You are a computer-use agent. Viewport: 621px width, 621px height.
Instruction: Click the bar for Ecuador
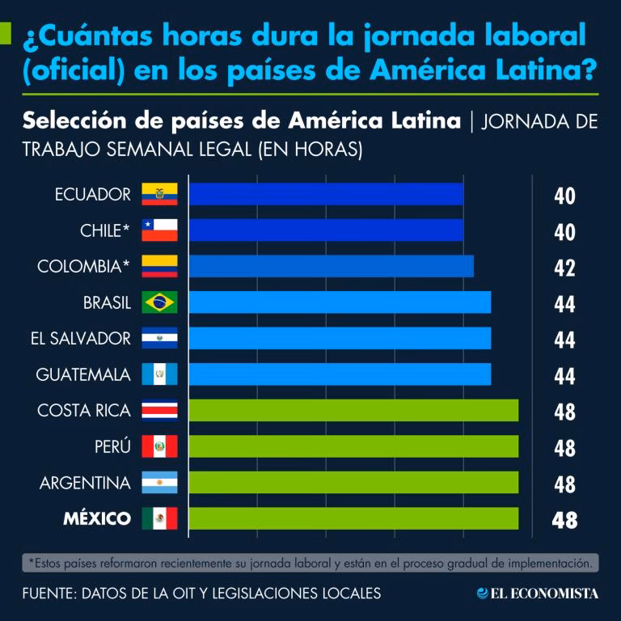coord(327,194)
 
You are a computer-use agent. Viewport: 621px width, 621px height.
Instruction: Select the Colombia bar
coord(332,266)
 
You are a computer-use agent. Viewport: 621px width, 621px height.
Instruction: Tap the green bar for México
coord(353,518)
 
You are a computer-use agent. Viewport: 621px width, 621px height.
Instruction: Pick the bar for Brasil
coord(340,302)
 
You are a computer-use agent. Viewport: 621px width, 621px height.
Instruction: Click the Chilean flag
coord(159,230)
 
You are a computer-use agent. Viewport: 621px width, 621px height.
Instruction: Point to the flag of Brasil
coord(159,302)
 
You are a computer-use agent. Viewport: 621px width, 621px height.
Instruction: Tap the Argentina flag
coord(159,483)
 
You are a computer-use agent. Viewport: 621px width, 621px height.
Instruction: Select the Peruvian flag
coord(159,446)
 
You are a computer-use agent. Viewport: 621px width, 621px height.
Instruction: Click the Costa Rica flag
coord(159,411)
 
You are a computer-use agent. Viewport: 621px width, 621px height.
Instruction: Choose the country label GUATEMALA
coord(83,374)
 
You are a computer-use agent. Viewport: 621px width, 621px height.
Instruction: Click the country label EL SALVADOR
coord(80,338)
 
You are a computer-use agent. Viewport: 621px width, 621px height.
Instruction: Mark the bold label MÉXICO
coord(97,518)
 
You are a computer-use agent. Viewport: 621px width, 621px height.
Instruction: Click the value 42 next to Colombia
coord(564,268)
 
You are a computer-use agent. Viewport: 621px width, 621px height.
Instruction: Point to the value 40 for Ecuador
coord(564,196)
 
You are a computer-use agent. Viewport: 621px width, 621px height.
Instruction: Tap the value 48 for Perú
coord(564,448)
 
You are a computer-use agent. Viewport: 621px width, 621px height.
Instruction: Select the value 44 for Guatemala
coord(564,376)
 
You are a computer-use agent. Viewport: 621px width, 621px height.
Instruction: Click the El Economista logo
coord(538,594)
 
